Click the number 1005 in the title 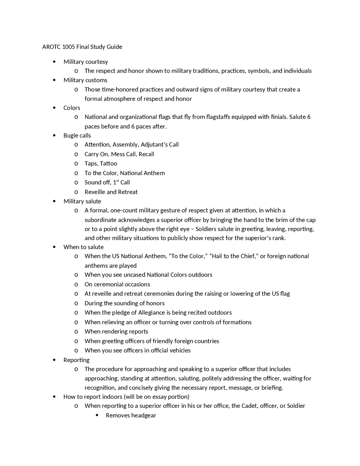click(69, 47)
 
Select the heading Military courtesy click(85, 62)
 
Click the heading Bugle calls click(77, 135)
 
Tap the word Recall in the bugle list click(146, 154)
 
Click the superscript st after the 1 click(118, 181)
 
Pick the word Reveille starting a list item click(95, 192)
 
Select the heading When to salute click(84, 247)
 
